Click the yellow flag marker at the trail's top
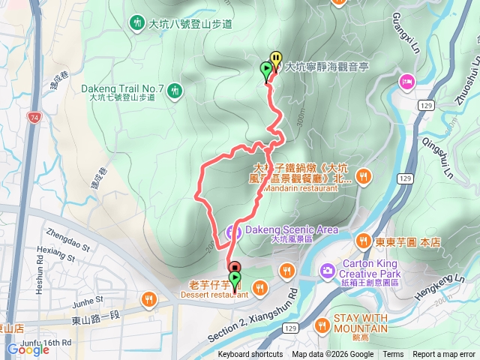[x=276, y=58]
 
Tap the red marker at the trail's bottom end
[x=234, y=267]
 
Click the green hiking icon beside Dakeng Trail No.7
[x=175, y=91]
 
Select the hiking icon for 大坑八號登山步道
[x=138, y=23]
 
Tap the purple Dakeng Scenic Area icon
[x=233, y=231]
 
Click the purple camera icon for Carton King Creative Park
[x=327, y=270]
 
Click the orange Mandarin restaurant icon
[x=364, y=175]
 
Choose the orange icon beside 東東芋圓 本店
[x=363, y=241]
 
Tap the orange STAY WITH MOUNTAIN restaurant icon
[x=322, y=325]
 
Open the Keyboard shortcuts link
[x=250, y=355]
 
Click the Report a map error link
[x=444, y=355]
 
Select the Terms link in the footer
[x=393, y=355]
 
